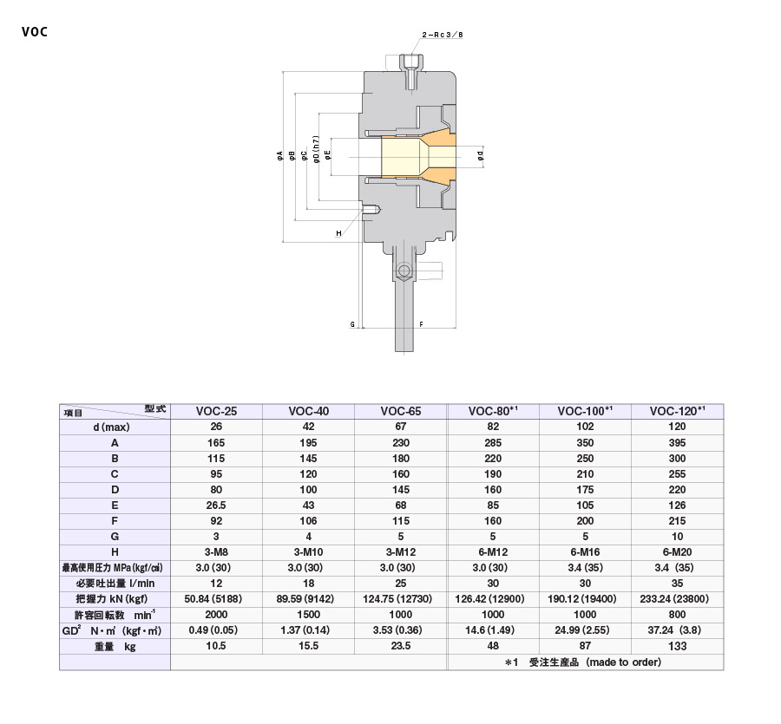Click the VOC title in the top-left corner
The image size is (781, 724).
tap(36, 33)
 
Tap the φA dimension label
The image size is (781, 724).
tap(280, 156)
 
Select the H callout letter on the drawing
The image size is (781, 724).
tap(338, 233)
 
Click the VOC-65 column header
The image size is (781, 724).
tap(401, 411)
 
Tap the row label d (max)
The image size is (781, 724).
tap(115, 427)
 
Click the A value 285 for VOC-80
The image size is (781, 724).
tap(493, 442)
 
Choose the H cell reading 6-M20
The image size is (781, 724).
tap(677, 552)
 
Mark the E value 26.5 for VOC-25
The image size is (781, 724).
tap(216, 505)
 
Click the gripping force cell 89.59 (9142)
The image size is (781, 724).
tap(308, 599)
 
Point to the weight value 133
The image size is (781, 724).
tap(677, 646)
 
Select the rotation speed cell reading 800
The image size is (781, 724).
tap(677, 615)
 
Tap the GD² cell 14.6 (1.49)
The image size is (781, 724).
tap(493, 630)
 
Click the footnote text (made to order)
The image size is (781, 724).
tap(623, 662)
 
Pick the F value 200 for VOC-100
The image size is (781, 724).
tap(585, 521)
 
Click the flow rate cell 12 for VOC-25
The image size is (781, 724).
tap(216, 584)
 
